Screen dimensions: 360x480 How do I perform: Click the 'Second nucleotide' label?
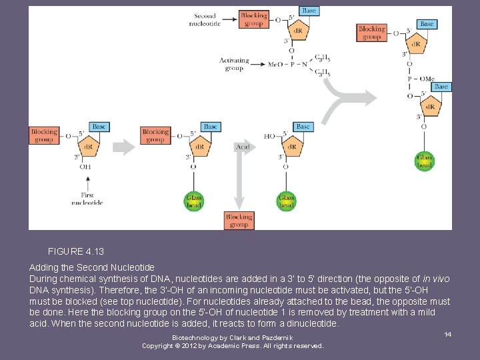[x=205, y=19]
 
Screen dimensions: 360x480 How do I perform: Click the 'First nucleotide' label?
[x=87, y=199]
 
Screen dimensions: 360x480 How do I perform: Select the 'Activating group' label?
[x=234, y=64]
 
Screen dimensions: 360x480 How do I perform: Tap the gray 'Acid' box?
[x=242, y=146]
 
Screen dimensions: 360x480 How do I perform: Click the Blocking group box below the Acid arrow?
[x=239, y=220]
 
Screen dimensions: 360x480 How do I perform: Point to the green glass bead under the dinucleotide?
[x=425, y=161]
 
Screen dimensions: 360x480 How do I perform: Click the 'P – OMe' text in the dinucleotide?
[x=421, y=79]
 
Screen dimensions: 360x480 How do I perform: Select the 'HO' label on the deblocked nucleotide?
[x=269, y=136]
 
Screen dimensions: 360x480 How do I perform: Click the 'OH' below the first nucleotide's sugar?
[x=85, y=167]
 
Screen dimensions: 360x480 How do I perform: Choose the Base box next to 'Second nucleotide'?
[x=309, y=11]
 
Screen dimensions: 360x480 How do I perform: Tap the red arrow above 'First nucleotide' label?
[x=87, y=181]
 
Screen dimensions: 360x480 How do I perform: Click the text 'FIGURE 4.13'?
[x=76, y=252]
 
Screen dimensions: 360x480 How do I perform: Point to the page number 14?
[x=447, y=334]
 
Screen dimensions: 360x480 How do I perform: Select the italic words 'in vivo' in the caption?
[x=436, y=278]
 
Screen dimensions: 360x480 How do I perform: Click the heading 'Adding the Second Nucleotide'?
[x=92, y=267]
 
